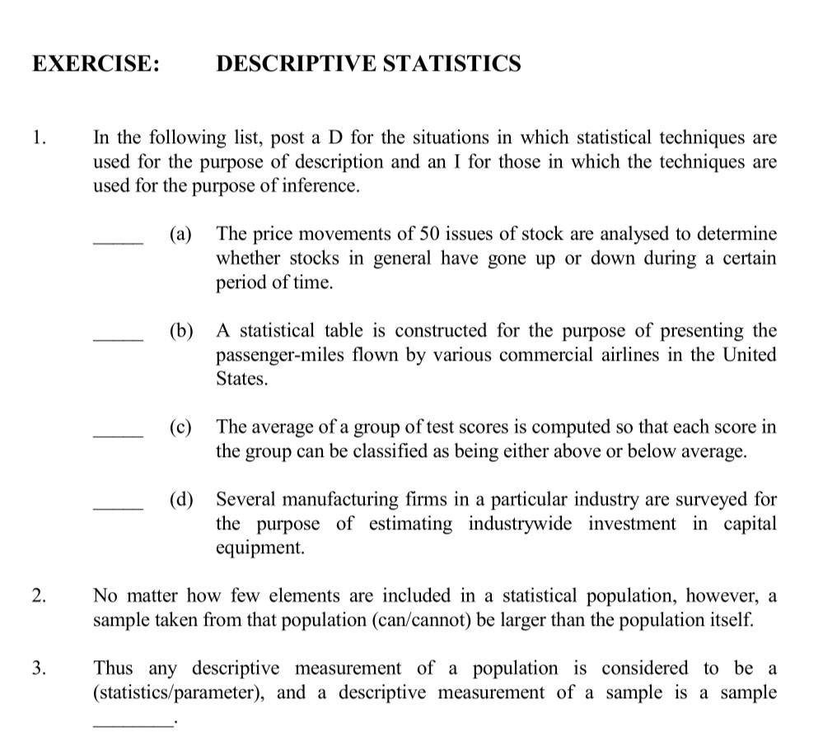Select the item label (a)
[180, 235]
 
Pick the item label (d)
[181, 500]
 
